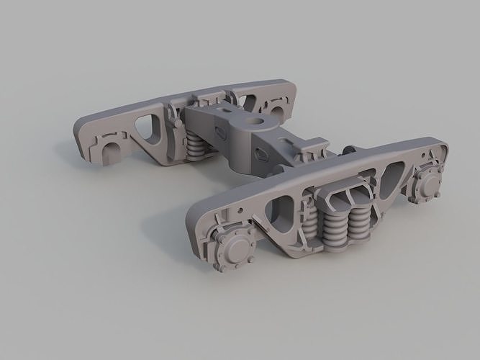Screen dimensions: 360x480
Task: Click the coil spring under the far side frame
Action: (x=196, y=149)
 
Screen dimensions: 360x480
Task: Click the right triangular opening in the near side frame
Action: (x=392, y=175)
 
